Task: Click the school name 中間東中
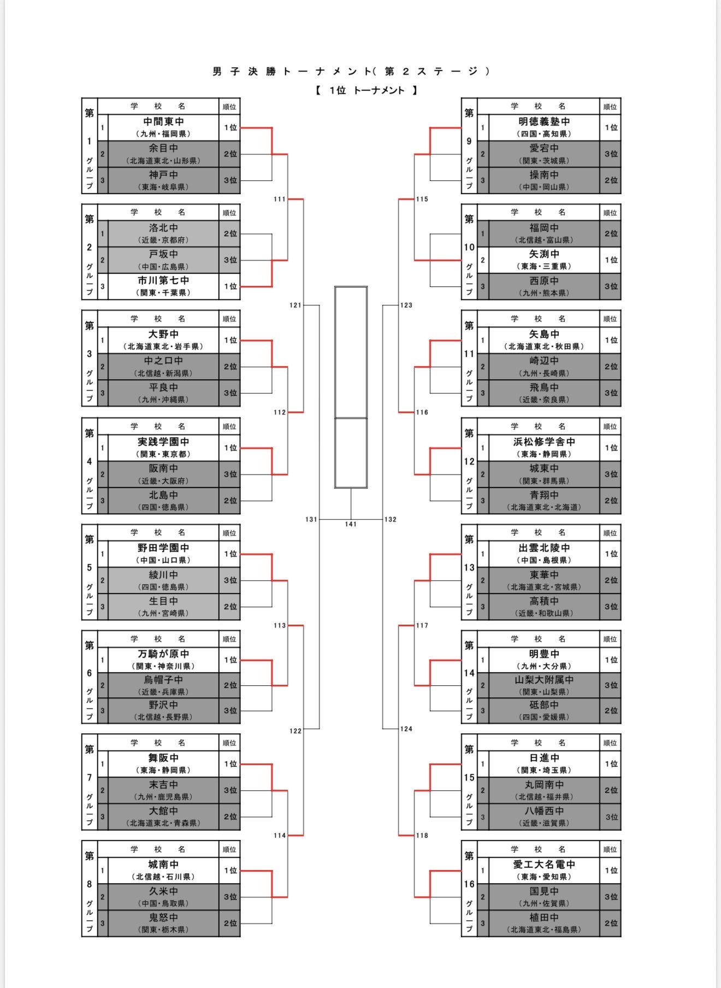163,122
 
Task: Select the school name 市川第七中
163,281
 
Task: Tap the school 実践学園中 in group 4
163,442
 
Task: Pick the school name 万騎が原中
163,654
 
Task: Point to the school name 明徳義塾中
543,122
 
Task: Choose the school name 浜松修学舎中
543,442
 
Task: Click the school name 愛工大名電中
543,864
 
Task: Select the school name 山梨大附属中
543,680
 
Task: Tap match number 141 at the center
351,524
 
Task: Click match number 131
311,519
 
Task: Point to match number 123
406,305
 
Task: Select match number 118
422,835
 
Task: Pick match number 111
280,199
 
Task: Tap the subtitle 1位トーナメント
366,91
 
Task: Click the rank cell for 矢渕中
611,260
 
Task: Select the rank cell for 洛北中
230,233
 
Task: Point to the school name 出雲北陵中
543,548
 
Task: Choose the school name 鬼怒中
163,918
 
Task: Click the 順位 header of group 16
610,849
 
